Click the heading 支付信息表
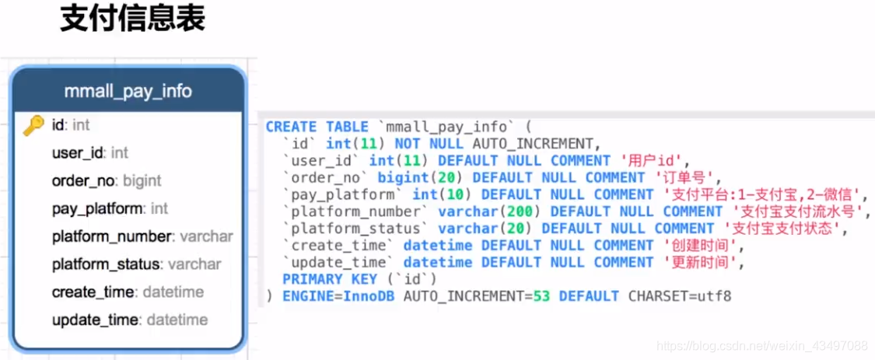(133, 19)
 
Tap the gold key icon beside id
(33, 125)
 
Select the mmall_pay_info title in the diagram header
(128, 91)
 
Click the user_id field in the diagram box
(90, 153)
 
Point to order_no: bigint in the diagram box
(107, 181)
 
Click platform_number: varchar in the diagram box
(142, 236)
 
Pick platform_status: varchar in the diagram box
(136, 264)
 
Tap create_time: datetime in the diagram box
(128, 292)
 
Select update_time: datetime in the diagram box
(130, 320)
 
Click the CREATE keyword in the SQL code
(291, 127)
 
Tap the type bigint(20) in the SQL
(415, 178)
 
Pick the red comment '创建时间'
(703, 246)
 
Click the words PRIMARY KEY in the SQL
(330, 279)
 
